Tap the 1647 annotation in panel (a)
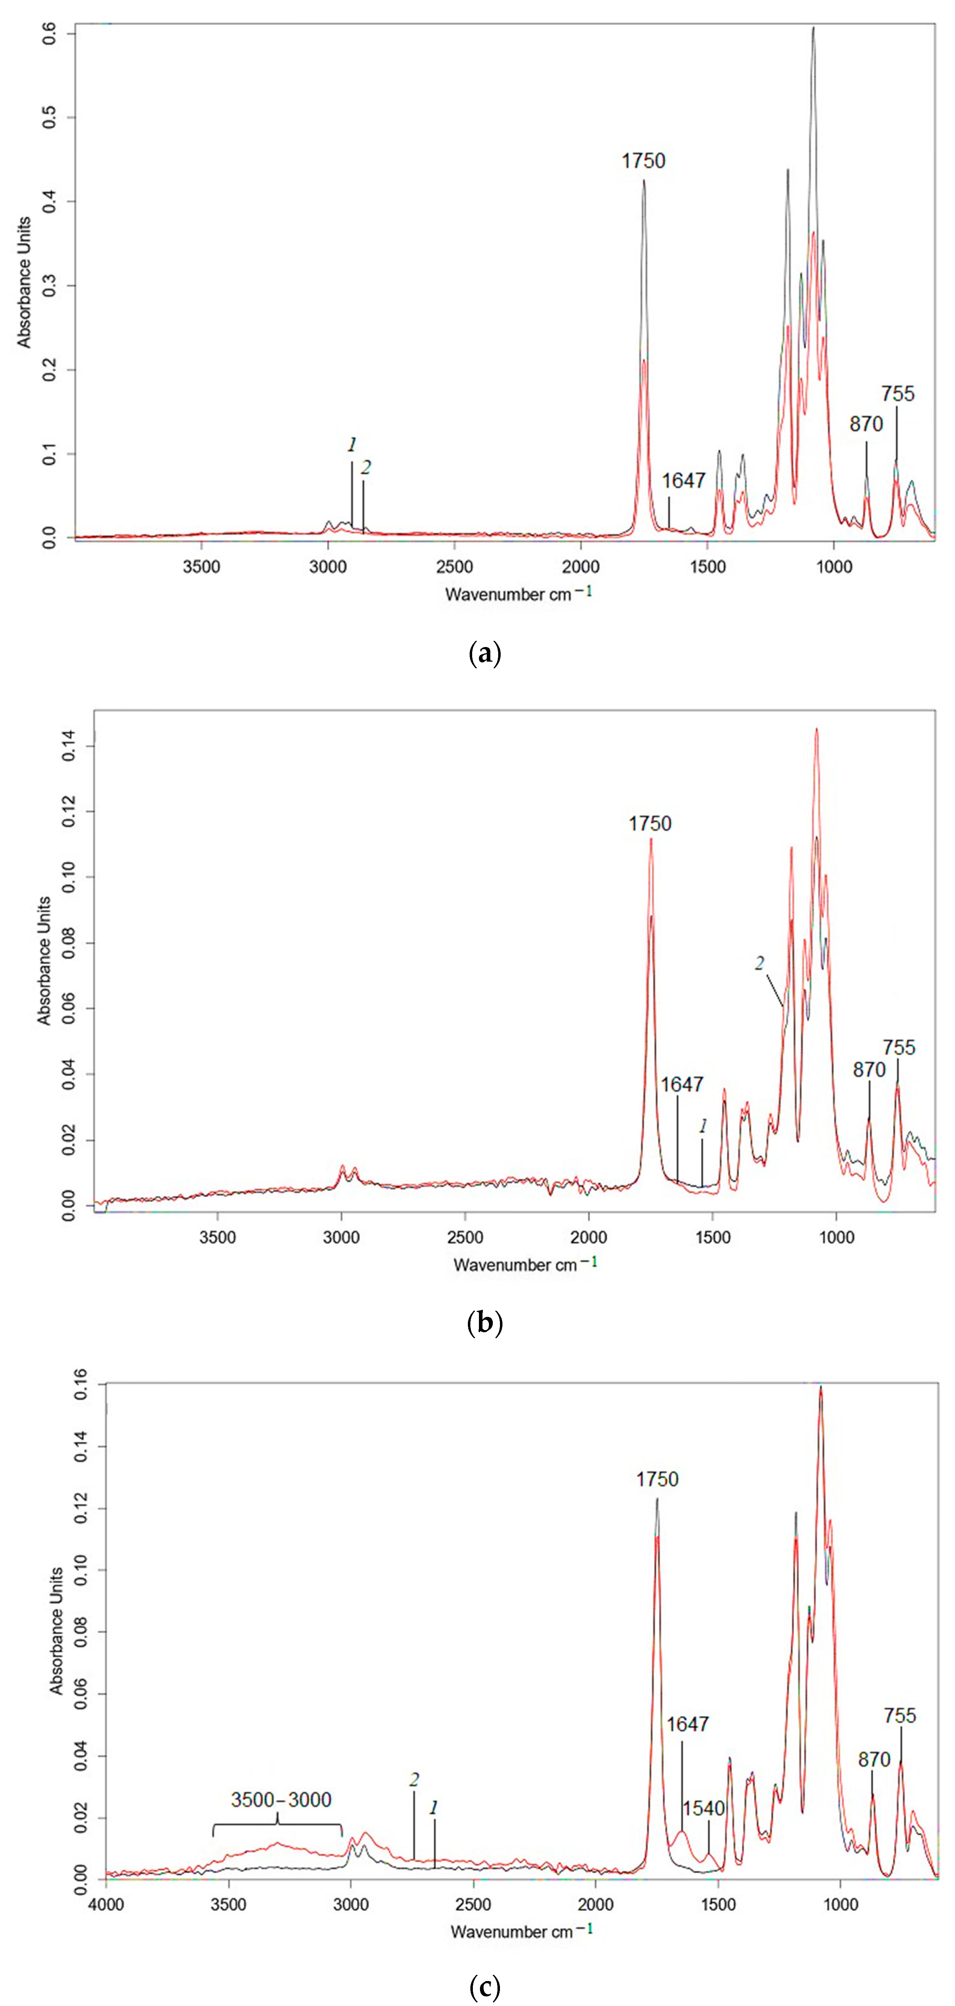tap(683, 480)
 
